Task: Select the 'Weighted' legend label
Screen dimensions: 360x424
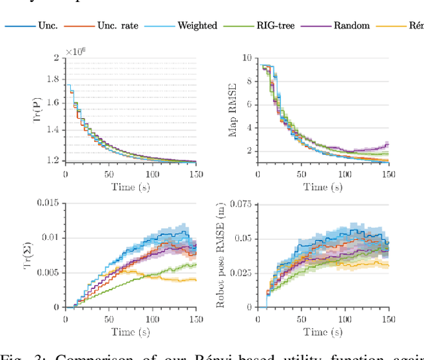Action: click(x=197, y=26)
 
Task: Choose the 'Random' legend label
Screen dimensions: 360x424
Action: click(x=351, y=26)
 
